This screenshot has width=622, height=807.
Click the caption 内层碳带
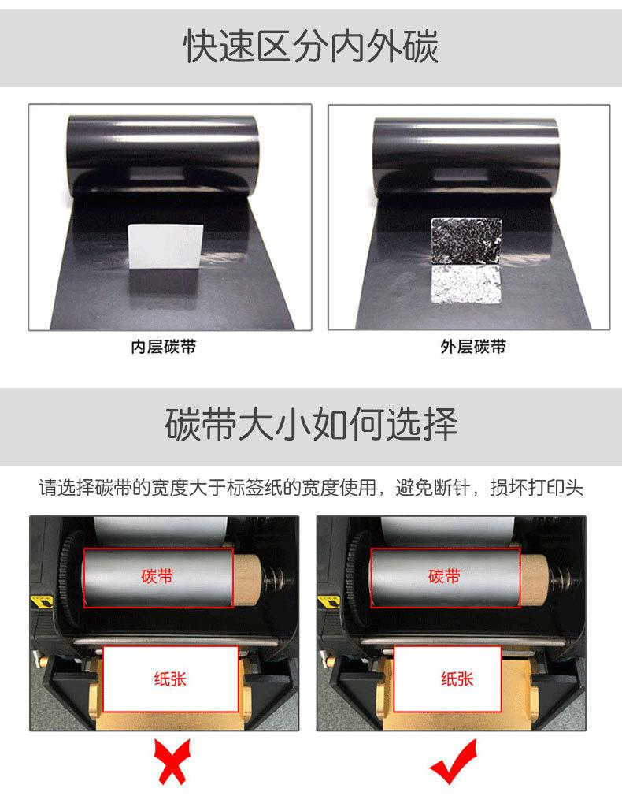(163, 348)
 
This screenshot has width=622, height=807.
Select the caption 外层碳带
(473, 348)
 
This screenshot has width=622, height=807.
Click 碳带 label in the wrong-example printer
(158, 577)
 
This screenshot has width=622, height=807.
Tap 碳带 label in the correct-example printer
(445, 577)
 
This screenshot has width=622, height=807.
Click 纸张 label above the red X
(171, 679)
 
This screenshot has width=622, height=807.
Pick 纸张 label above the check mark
(457, 679)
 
